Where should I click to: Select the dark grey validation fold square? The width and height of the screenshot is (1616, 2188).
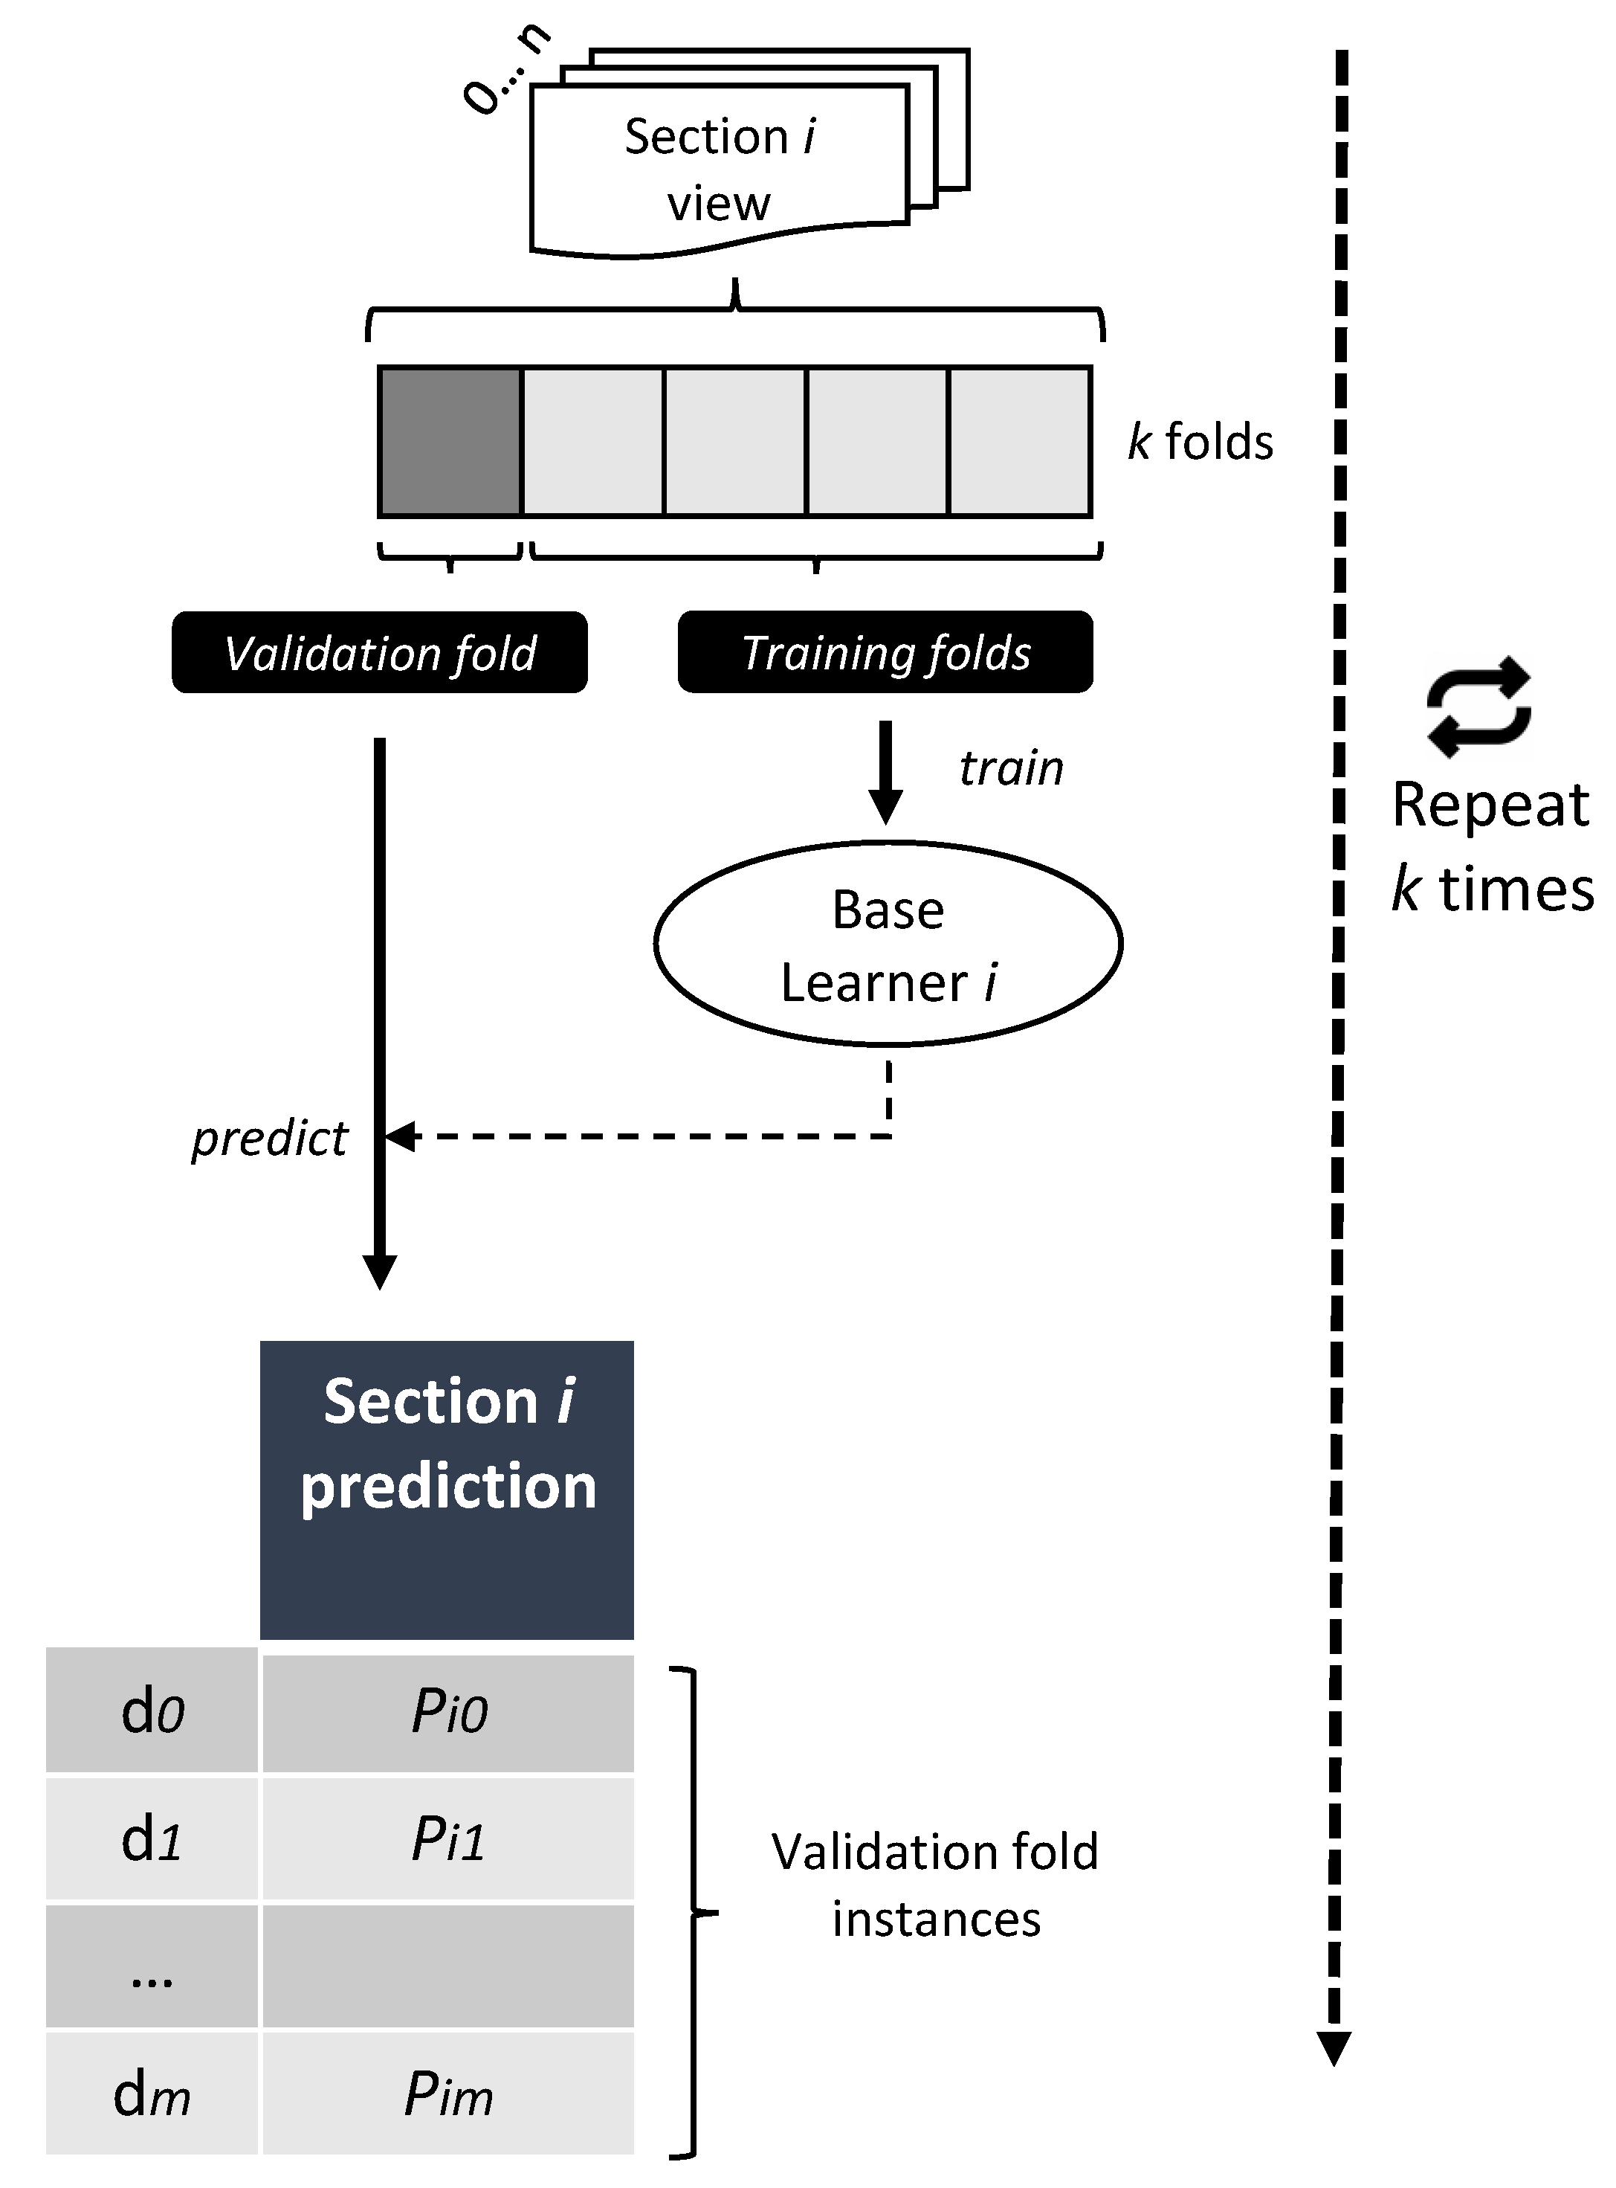(x=450, y=441)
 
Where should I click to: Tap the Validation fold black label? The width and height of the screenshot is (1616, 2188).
(x=380, y=653)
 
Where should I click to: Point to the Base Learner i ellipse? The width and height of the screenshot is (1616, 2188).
(x=888, y=945)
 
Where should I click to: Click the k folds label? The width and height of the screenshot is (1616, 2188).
(x=1200, y=441)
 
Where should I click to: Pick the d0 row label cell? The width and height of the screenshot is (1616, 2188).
(x=152, y=1710)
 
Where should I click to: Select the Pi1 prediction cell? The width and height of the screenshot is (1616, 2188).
(x=448, y=1838)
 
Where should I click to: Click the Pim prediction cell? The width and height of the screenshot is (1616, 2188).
(x=448, y=2095)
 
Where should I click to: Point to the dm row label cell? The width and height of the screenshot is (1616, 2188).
(x=152, y=2095)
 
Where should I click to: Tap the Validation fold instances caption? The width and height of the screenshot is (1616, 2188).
(x=935, y=1885)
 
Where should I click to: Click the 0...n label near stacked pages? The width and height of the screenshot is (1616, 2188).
(x=505, y=68)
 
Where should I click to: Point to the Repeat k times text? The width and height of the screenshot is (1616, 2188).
(x=1493, y=847)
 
